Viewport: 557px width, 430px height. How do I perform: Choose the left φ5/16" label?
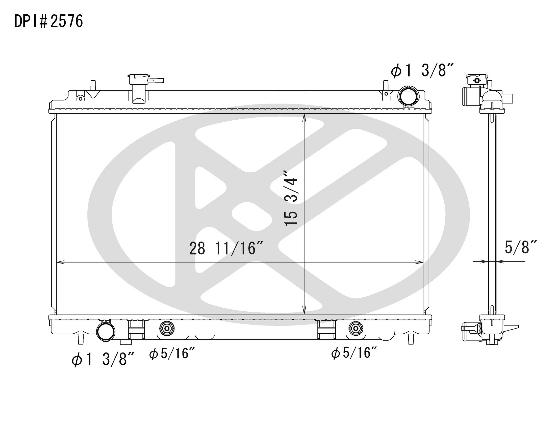(x=172, y=353)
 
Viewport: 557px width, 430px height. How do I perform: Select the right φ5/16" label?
(x=354, y=353)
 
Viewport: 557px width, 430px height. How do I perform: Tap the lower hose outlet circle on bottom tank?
(x=106, y=331)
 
